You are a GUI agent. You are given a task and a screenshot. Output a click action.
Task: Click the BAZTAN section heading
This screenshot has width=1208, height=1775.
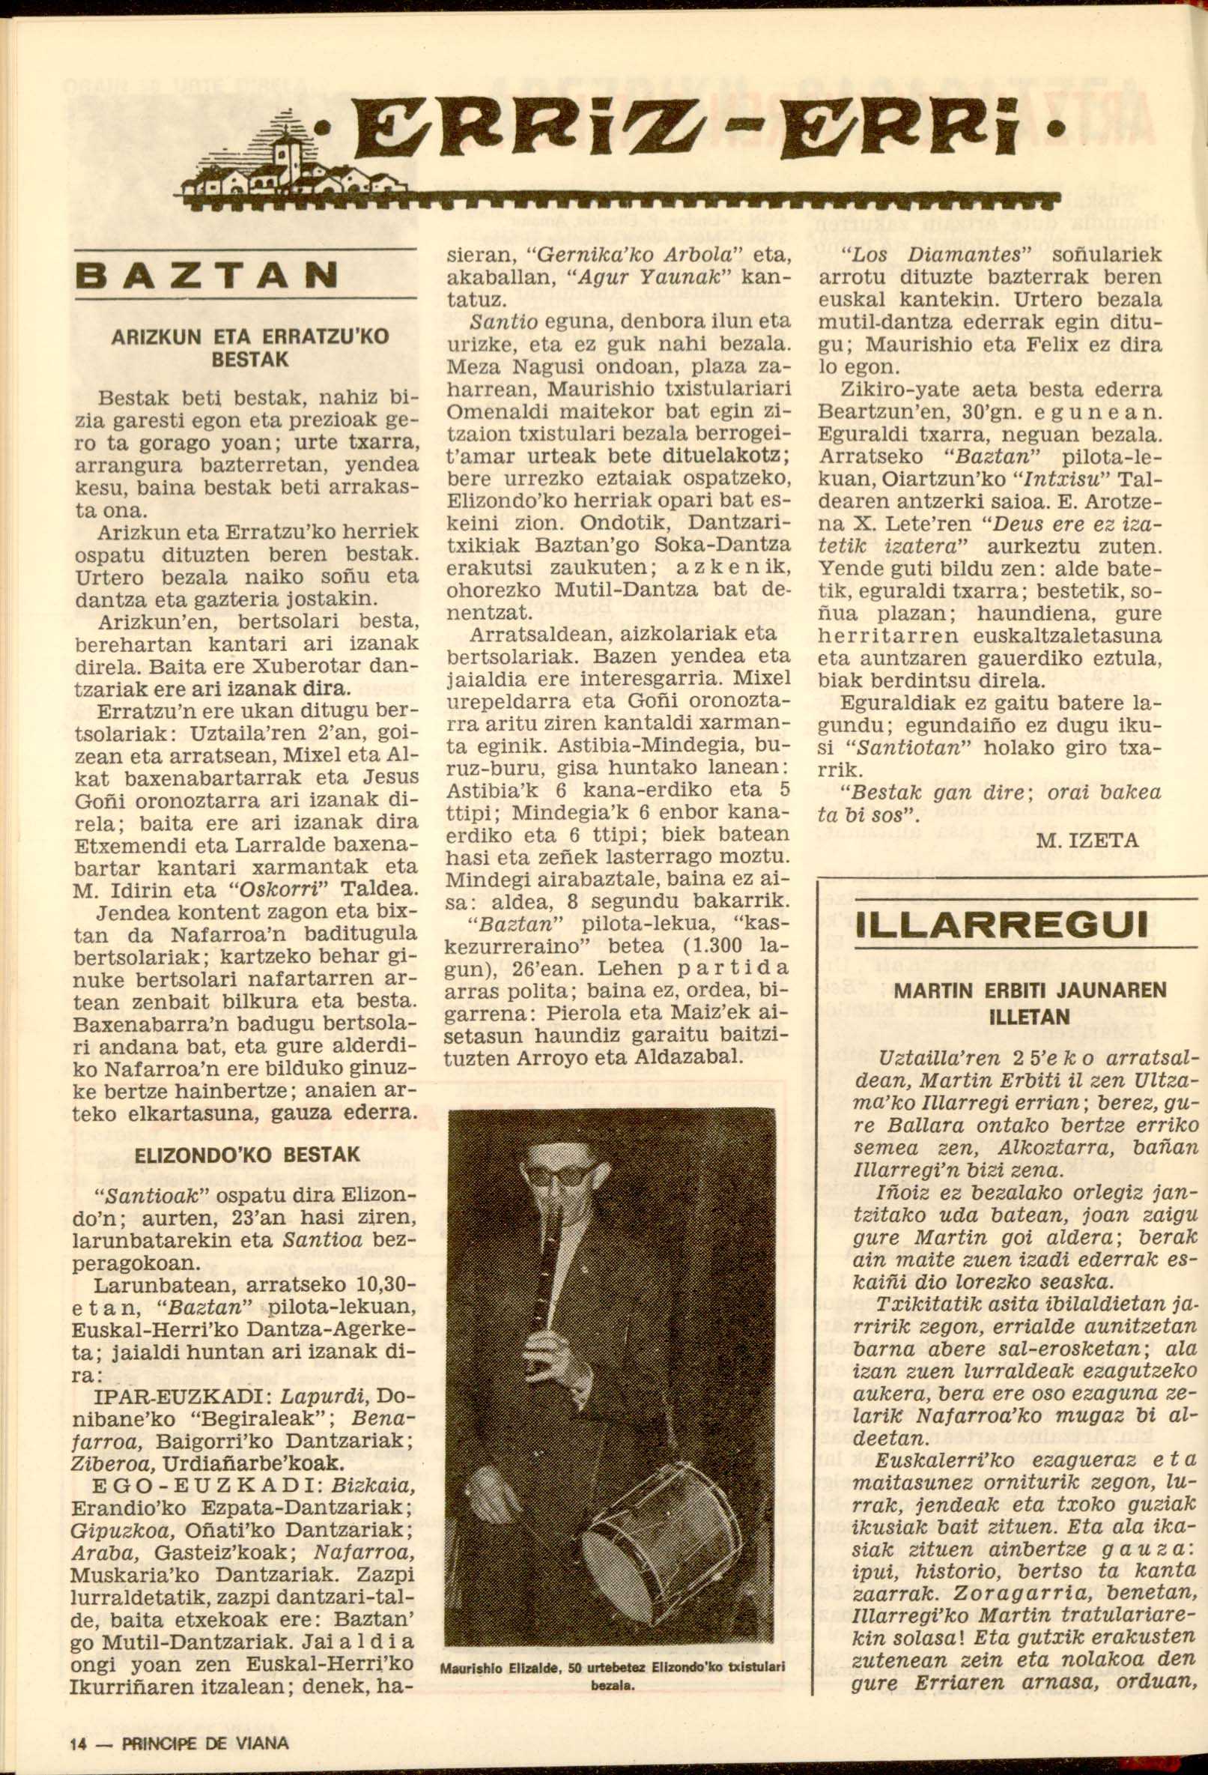click(x=205, y=274)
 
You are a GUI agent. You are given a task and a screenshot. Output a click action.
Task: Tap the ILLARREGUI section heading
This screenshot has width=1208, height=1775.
click(x=1004, y=926)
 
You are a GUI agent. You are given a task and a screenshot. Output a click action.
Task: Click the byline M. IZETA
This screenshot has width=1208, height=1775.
click(x=1088, y=841)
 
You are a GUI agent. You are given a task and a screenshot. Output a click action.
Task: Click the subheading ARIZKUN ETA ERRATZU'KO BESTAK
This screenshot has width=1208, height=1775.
click(x=246, y=348)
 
